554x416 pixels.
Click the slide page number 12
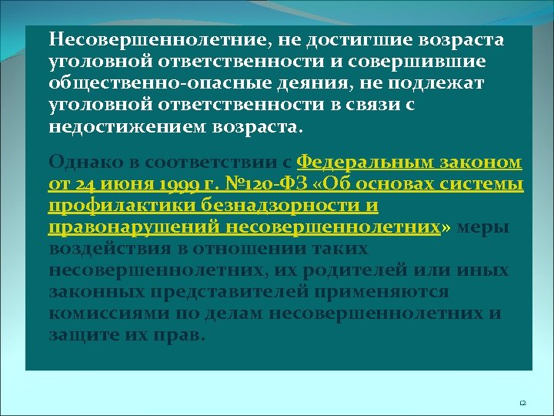[522, 403]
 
